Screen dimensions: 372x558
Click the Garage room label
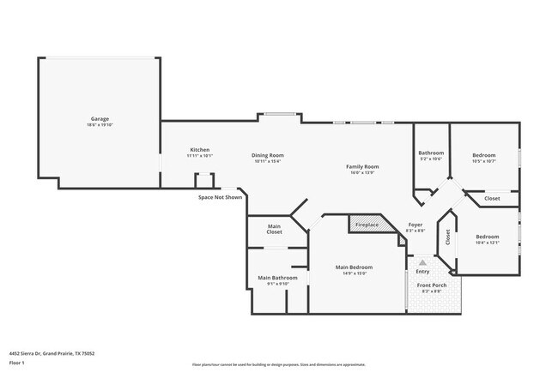click(100, 119)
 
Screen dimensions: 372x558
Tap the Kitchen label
click(199, 150)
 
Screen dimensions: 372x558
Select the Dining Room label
click(267, 155)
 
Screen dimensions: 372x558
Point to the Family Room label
click(362, 166)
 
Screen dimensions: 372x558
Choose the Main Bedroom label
click(353, 267)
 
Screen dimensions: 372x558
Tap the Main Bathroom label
click(278, 278)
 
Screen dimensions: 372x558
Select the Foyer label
click(415, 225)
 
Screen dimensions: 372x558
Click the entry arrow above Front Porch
click(422, 263)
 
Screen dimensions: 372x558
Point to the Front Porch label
click(431, 285)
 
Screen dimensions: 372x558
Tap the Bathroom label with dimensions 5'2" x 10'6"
click(431, 153)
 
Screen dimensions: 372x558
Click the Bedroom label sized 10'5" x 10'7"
click(484, 155)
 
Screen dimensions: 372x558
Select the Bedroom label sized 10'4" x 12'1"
click(488, 237)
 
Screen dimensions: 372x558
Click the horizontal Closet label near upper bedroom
click(492, 199)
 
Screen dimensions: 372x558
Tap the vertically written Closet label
click(447, 237)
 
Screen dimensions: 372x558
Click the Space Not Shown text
click(221, 197)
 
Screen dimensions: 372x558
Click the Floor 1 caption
click(17, 363)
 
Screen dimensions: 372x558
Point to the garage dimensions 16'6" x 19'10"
click(100, 125)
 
